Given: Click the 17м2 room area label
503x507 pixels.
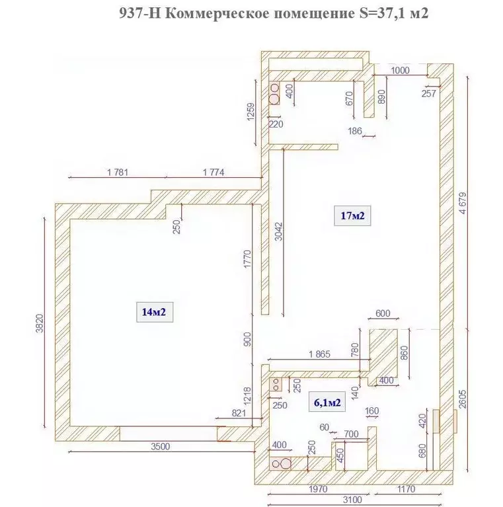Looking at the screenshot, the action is coord(352,215).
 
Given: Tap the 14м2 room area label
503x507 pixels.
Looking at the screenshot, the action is coord(154,312).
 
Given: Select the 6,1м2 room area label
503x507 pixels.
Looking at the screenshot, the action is coord(327,403).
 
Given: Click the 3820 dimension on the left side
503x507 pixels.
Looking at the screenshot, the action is coord(39,323).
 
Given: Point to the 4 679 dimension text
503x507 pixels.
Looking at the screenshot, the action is coord(463,203).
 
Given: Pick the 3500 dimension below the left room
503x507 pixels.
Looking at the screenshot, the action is coord(161,447).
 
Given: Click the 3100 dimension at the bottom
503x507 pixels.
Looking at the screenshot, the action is coord(352,500).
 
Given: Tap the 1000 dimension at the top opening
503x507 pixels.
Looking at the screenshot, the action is coord(400,71).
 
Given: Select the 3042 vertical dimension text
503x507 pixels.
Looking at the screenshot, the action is coord(279,231).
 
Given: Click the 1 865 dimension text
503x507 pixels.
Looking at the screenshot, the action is coord(319,354).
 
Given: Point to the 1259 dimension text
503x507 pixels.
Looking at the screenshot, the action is coord(251,112).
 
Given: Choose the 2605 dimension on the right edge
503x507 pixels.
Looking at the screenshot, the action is coord(463,399).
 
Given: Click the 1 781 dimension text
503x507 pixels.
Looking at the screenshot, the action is coord(118,173).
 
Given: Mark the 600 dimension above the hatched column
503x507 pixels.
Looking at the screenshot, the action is coord(383,313).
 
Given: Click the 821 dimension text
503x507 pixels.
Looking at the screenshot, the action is coord(239,413).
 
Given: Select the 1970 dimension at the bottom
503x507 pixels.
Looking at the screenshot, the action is coord(318,489).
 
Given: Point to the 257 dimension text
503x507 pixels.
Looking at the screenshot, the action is coord(429,93).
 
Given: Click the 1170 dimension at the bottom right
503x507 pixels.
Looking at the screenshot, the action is coord(406,489).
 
